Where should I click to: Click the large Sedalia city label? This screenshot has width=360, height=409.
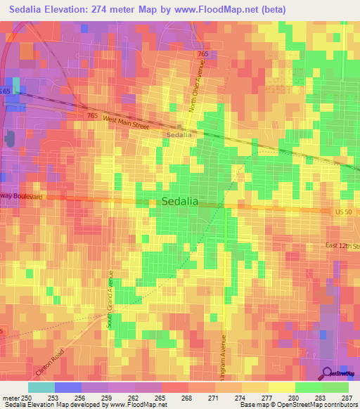coord(180,201)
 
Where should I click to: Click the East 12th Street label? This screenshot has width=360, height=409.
coord(342,246)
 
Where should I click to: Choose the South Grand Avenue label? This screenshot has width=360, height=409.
coord(110,301)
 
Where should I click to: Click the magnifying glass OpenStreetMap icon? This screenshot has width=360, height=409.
coord(328,373)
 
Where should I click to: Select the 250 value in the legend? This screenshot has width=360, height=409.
coord(27,398)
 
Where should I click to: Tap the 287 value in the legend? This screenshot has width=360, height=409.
coord(345,398)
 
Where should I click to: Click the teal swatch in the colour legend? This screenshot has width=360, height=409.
coord(41,387)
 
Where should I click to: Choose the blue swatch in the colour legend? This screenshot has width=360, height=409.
coord(67,387)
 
